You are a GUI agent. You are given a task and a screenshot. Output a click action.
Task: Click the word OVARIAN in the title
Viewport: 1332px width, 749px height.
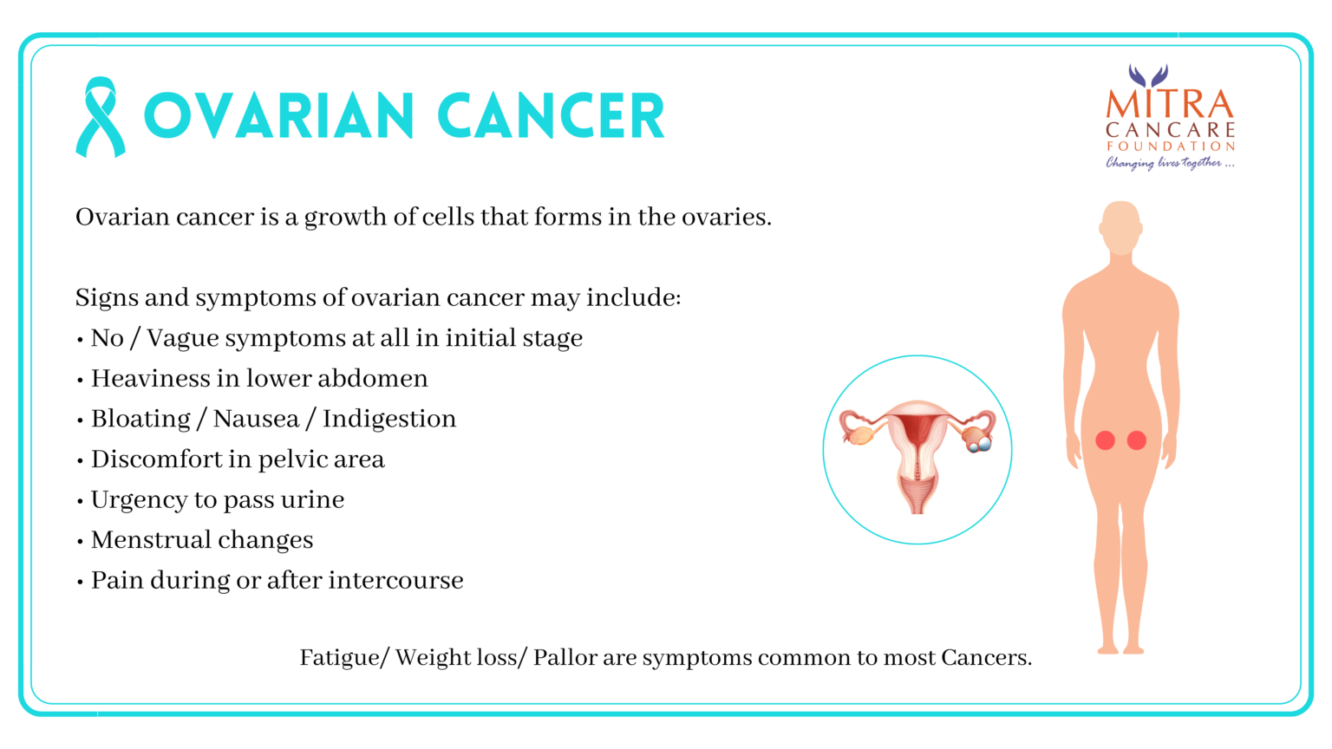point(279,115)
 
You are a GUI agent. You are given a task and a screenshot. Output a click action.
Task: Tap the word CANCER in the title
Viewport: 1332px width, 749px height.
point(551,115)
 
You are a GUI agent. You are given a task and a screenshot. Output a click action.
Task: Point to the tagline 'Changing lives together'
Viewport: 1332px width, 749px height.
point(1170,162)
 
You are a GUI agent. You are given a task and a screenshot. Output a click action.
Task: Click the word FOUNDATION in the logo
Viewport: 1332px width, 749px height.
point(1170,146)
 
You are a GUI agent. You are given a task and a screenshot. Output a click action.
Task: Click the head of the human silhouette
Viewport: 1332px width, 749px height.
point(1121,228)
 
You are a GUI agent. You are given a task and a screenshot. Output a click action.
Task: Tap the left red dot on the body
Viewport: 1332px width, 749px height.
point(1105,440)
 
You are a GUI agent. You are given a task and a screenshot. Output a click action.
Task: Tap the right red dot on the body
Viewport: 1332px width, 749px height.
point(1136,440)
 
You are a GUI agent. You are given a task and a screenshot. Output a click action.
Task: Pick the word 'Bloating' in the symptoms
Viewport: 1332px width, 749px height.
point(141,420)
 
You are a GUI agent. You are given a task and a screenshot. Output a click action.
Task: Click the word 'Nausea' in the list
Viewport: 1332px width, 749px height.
point(257,419)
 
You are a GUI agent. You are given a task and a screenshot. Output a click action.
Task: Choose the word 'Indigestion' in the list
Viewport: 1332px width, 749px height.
point(389,420)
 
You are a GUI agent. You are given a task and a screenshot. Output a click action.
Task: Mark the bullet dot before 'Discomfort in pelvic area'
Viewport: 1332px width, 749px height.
point(80,461)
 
